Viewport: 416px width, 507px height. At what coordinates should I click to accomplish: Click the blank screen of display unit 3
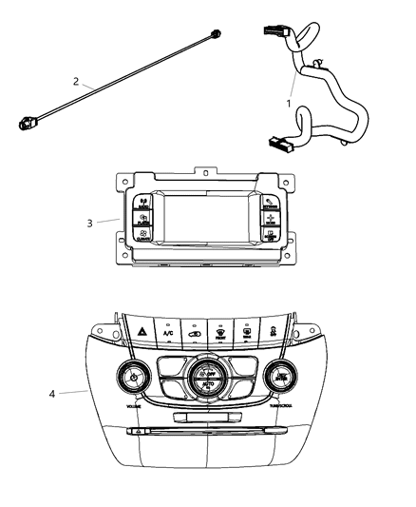click(204, 218)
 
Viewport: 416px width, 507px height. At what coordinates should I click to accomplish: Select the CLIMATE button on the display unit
click(142, 237)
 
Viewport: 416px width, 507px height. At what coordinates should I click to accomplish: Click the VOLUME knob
click(134, 380)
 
